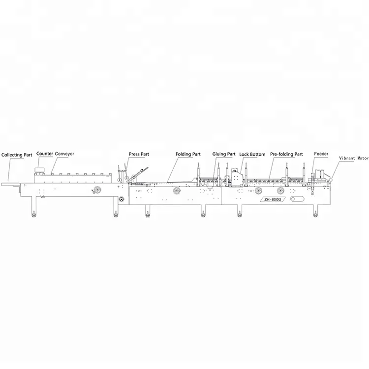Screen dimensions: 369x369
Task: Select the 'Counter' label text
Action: [44, 154]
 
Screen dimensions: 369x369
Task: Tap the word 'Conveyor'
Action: [64, 154]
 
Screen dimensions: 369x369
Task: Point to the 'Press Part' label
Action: [139, 154]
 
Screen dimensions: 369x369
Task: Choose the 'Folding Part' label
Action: [188, 154]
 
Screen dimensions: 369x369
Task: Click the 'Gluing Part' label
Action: [224, 154]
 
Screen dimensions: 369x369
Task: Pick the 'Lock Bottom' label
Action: [252, 154]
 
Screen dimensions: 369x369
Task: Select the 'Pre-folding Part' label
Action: [286, 154]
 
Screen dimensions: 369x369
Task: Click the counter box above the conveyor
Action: [39, 169]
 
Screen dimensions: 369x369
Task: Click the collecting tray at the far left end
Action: [10, 185]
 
